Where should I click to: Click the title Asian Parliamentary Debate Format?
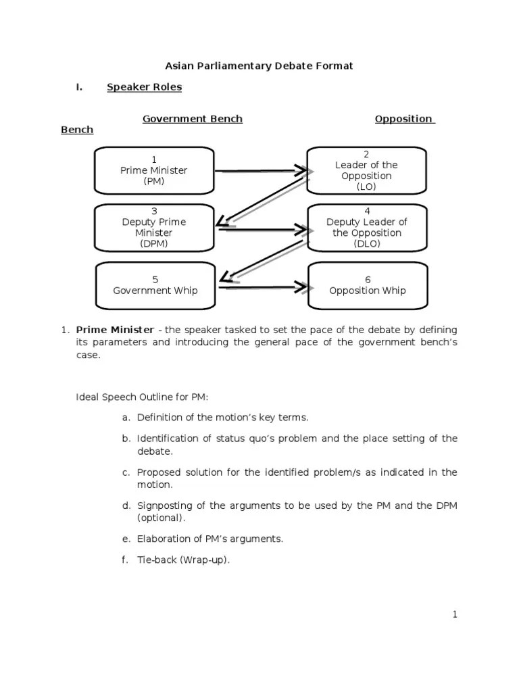pos(259,66)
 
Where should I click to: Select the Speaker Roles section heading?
pos(144,87)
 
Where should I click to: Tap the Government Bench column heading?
pos(192,119)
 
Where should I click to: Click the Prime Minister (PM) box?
pos(153,170)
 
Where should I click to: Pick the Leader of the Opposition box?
pos(366,170)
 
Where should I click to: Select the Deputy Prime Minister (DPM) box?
pos(153,227)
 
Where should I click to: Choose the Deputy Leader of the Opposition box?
pos(366,227)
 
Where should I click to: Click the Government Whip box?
pos(155,285)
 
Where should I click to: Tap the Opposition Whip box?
pos(367,285)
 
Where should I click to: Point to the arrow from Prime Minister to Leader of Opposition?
pos(264,172)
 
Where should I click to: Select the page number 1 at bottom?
pos(455,614)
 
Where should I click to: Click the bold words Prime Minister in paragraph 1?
pos(114,330)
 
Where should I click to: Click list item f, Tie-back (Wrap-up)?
pos(183,560)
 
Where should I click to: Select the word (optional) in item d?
pos(161,518)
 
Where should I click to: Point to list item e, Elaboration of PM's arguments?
pos(209,539)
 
